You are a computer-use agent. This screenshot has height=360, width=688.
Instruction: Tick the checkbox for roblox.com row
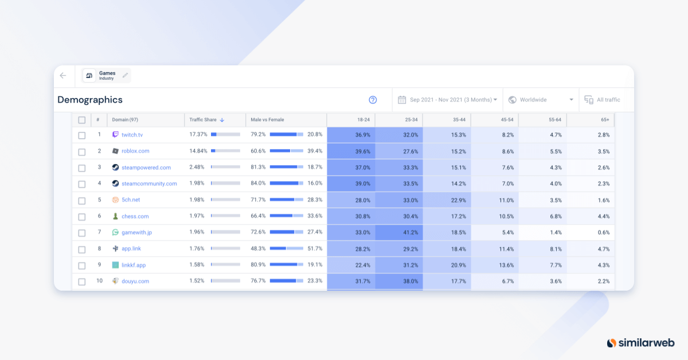[x=81, y=151]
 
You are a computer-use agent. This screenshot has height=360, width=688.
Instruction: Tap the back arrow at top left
[x=63, y=75]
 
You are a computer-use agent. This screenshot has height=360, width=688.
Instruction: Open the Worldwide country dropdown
[x=540, y=100]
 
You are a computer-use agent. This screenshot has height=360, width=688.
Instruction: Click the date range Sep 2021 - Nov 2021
[x=447, y=100]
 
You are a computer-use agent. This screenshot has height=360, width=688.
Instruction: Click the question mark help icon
[x=373, y=100]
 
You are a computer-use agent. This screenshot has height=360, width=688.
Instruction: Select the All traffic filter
[x=603, y=100]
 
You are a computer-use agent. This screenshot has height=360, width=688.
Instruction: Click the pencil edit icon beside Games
[x=126, y=75]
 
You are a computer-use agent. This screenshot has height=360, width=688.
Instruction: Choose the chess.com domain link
[x=135, y=216]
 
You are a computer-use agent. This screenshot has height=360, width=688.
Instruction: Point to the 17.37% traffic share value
[x=198, y=135]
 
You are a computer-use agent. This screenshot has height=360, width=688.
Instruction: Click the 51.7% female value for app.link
[x=315, y=249]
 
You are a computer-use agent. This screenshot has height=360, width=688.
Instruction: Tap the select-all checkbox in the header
[x=81, y=120]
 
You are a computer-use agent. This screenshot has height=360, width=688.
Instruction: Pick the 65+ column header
[x=605, y=120]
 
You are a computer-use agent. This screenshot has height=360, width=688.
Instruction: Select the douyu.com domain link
[x=135, y=281]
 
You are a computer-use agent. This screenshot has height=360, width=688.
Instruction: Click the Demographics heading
[x=90, y=100]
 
